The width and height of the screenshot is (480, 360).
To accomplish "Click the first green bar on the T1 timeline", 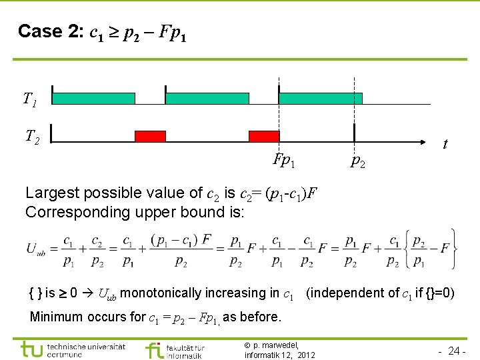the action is coord(93,99).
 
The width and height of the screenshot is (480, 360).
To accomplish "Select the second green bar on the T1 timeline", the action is coord(207,99).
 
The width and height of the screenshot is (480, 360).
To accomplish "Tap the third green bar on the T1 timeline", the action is coord(320,99).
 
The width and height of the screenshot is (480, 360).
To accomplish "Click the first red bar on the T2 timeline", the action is coord(150,137).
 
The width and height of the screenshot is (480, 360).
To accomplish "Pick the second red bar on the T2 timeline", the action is coord(264,137).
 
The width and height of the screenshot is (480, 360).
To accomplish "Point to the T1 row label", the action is coord(30,100).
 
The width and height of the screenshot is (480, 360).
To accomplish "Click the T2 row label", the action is coord(32,137).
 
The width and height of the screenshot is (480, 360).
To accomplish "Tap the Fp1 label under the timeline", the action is coord(284,160).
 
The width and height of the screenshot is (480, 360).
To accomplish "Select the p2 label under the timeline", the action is coord(358,161).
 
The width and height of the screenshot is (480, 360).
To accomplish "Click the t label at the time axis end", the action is coord(445,144).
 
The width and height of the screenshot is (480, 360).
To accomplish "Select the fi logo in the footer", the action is coord(153,349).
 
